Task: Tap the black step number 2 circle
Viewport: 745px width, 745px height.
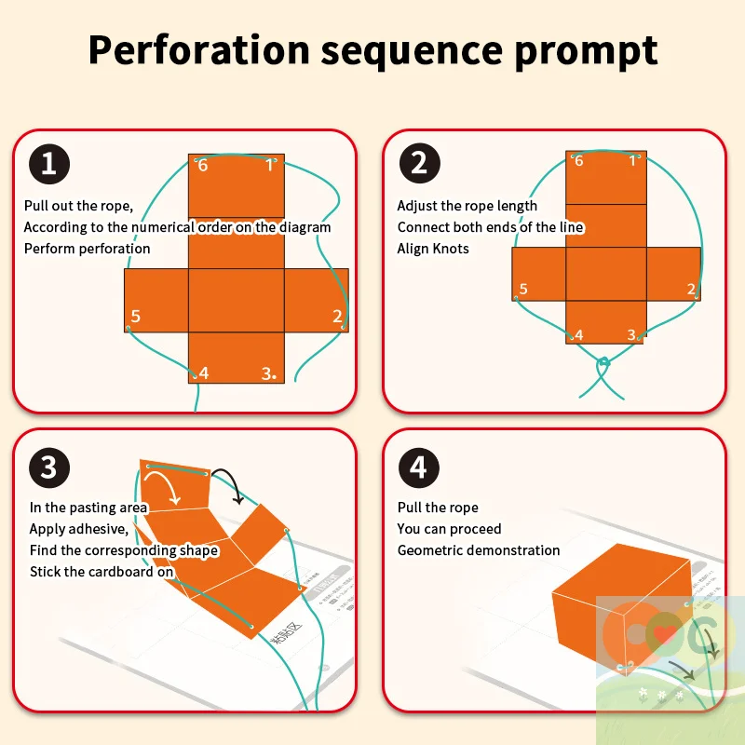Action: (419, 165)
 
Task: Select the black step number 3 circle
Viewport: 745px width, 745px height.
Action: (48, 467)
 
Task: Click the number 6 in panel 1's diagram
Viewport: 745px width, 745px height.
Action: (203, 166)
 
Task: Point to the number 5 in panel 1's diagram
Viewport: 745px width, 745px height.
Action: (136, 317)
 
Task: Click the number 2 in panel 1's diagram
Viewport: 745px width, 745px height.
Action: (337, 317)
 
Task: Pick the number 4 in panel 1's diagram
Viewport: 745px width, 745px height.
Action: (203, 373)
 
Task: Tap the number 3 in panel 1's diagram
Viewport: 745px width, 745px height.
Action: (267, 373)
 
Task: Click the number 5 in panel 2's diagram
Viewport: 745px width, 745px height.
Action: (523, 290)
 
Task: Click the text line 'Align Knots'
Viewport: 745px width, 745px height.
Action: (433, 249)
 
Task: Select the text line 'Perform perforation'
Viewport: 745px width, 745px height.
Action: (87, 249)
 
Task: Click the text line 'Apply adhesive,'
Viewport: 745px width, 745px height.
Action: (78, 529)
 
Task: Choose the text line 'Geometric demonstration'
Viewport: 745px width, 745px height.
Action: (479, 550)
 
